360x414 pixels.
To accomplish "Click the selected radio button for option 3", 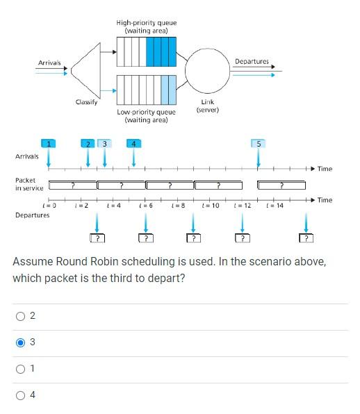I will tap(21, 342).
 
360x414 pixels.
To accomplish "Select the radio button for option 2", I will tap(21, 316).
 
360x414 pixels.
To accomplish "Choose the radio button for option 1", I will tap(21, 368).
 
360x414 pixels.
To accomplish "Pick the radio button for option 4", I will tap(21, 395).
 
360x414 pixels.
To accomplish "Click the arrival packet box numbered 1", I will tap(49, 143).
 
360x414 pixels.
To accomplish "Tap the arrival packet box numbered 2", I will tap(88, 143).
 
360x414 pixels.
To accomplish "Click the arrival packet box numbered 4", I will tap(133, 143).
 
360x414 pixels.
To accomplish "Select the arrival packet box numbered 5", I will tap(259, 143).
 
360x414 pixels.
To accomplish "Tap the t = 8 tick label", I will tap(179, 206).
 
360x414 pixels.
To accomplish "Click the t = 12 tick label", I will tap(243, 206).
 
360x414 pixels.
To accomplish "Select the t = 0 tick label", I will tap(49, 206).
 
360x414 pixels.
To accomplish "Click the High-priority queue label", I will tap(146, 26).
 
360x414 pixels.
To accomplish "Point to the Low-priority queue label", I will tap(146, 115).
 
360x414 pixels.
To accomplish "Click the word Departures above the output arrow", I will tap(252, 62).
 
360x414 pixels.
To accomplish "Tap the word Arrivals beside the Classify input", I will tap(49, 63).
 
